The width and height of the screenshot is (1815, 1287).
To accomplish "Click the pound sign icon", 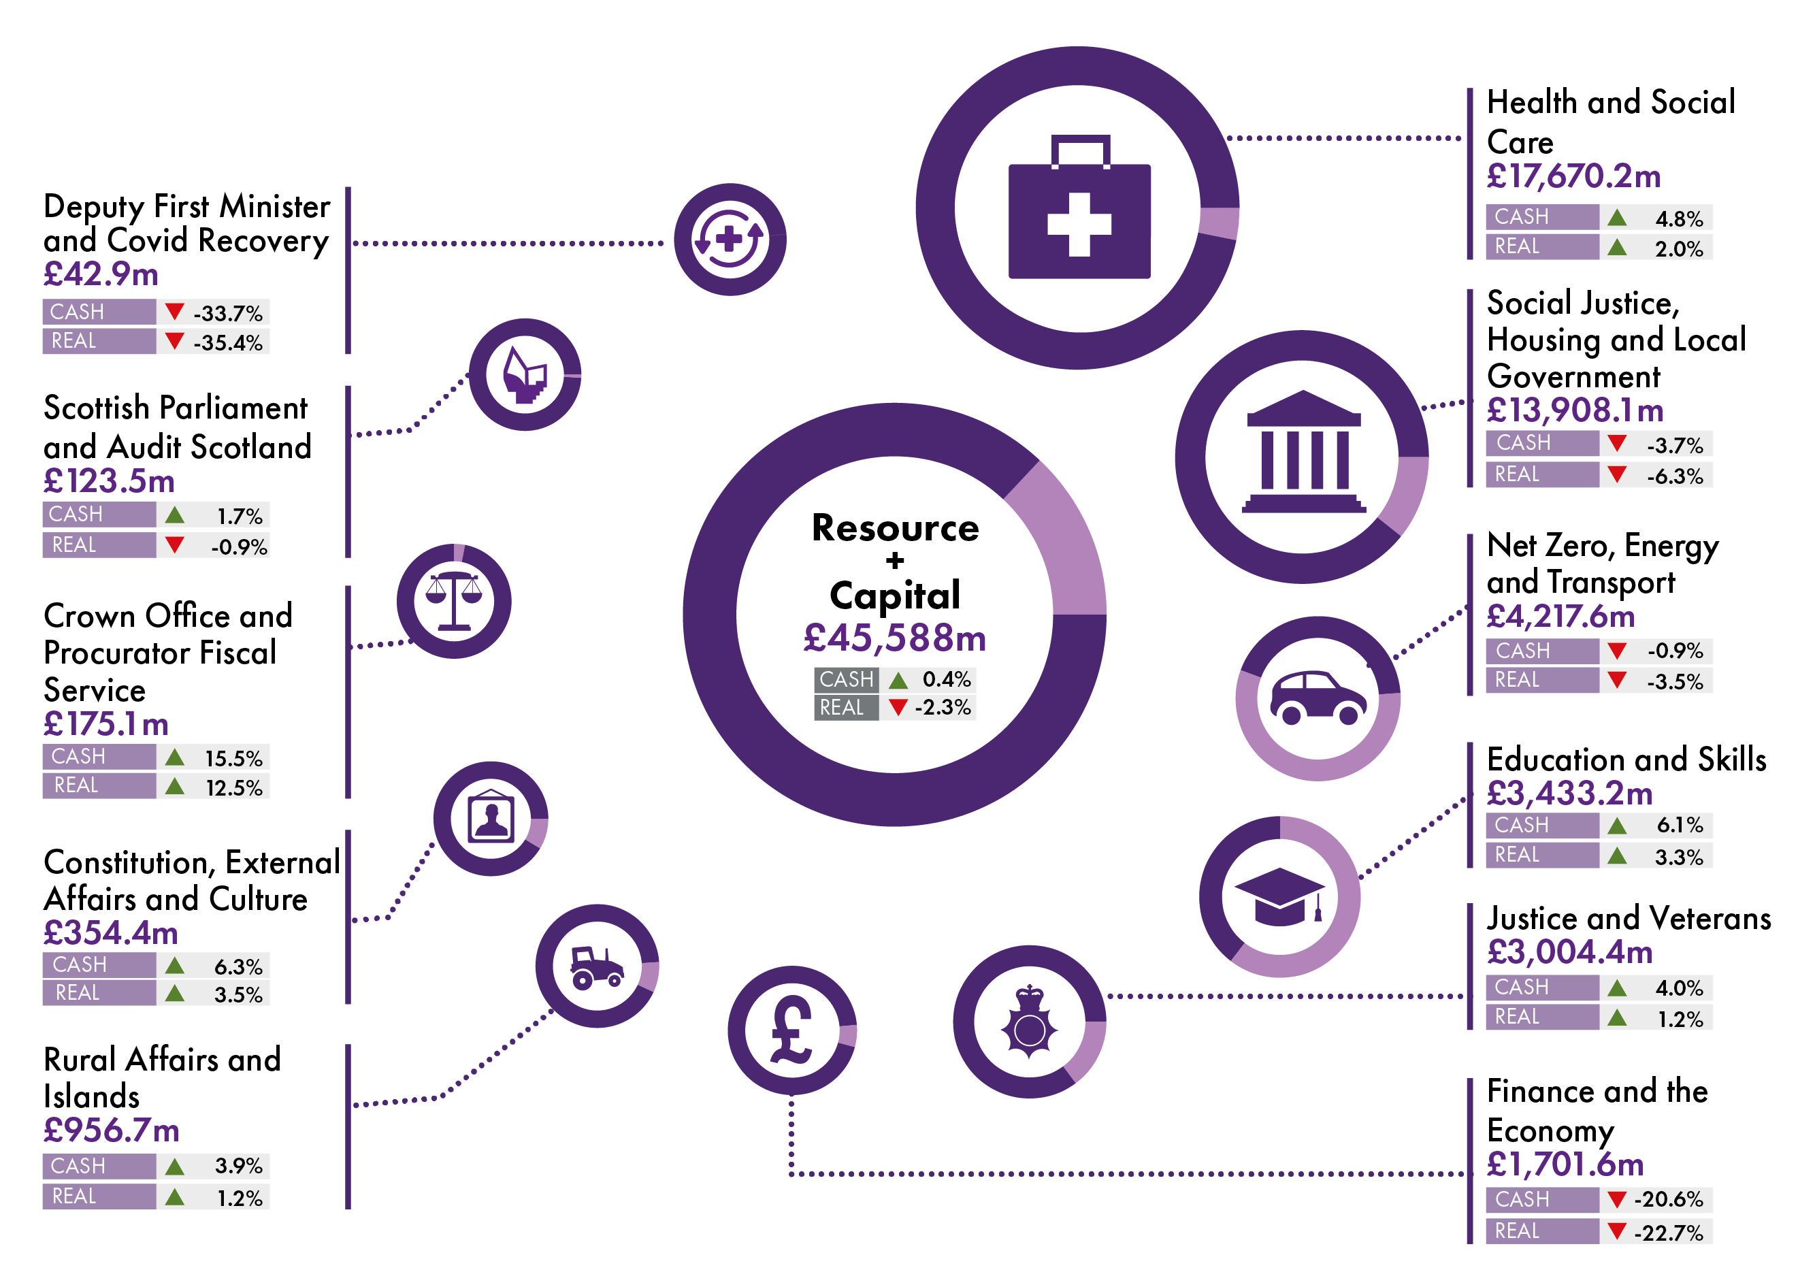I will pos(791,1030).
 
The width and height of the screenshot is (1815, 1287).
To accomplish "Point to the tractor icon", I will pos(597,968).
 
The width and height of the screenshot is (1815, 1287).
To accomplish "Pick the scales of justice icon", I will pos(454,602).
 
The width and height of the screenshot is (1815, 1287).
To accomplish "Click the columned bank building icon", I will pos(1303,452).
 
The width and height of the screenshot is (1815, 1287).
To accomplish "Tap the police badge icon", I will pos(1029,1022).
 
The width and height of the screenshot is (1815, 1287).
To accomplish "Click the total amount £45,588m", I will pos(894,638).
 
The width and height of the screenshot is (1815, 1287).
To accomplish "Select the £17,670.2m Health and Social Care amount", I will pos(1573,176).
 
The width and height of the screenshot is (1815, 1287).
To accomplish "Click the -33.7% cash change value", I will pos(228,313).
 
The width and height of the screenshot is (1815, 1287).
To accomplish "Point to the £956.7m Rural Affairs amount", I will pos(112,1130).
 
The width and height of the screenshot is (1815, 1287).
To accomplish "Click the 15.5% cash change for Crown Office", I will pos(233,758).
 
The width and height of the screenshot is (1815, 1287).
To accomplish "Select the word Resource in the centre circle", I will pos(895,529).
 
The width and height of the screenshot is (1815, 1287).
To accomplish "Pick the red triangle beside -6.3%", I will pos(1617,474).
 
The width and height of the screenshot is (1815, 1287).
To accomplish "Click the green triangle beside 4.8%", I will pos(1617,217).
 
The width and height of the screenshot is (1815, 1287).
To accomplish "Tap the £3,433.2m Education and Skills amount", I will pos(1569,794).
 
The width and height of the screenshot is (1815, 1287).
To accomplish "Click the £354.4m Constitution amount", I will pos(111,933).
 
